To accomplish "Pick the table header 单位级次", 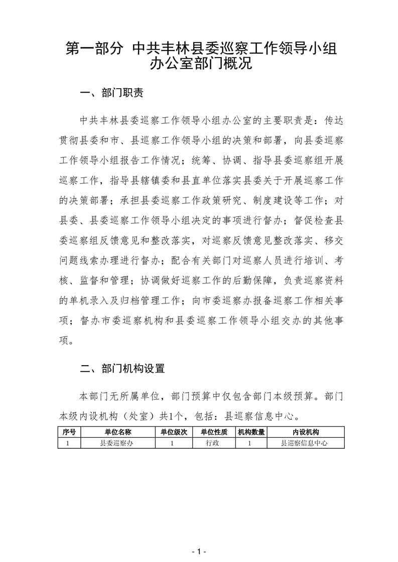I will click(174, 432).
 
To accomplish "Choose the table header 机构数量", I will click(251, 432).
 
